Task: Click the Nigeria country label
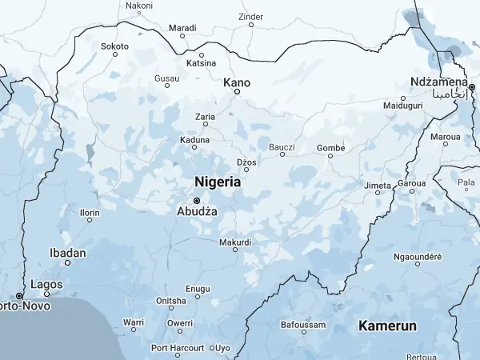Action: pyautogui.click(x=218, y=182)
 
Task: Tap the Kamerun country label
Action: pyautogui.click(x=388, y=326)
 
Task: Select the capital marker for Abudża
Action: pyautogui.click(x=196, y=200)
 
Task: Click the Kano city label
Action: pyautogui.click(x=237, y=82)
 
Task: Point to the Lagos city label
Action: pyautogui.click(x=46, y=284)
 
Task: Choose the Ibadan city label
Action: pyautogui.click(x=67, y=253)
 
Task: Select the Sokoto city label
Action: pyautogui.click(x=114, y=46)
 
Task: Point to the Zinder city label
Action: pyautogui.click(x=250, y=16)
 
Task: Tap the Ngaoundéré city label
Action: pyautogui.click(x=418, y=257)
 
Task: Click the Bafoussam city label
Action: pyautogui.click(x=303, y=325)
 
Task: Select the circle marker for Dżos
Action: pyautogui.click(x=246, y=169)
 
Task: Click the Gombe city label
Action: pyautogui.click(x=330, y=147)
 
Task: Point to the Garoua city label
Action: pyautogui.click(x=412, y=183)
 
